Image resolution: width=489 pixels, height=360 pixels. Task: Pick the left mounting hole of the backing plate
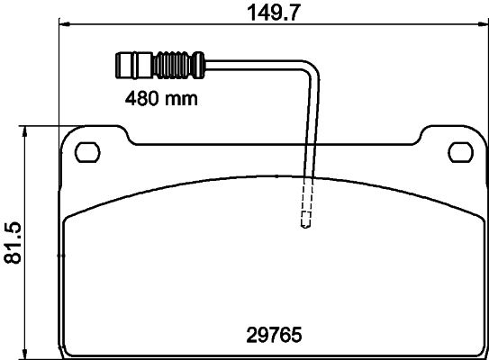click(87, 150)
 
